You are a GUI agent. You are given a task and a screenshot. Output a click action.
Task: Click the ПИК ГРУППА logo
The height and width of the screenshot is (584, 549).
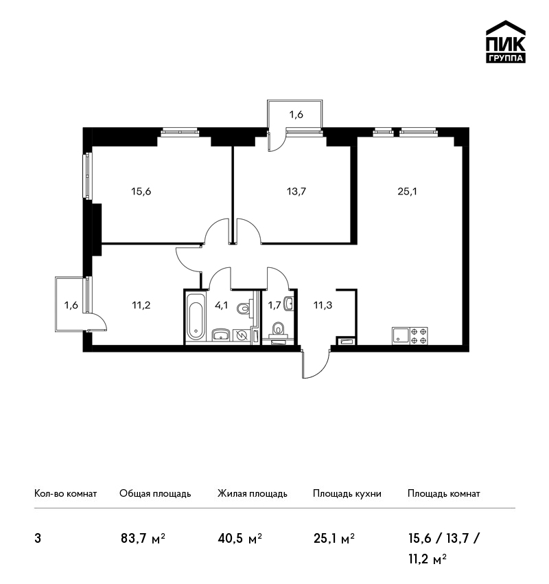506,42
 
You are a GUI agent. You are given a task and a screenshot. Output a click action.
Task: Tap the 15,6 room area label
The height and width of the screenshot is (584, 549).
141,192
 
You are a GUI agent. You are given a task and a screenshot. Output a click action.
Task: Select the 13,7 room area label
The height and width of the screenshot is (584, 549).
296,192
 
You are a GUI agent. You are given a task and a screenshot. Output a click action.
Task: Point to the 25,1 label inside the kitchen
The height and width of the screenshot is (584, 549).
407,192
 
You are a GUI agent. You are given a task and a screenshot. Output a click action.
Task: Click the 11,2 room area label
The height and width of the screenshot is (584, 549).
141,306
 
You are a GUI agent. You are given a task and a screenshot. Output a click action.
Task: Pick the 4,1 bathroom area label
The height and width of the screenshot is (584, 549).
221,306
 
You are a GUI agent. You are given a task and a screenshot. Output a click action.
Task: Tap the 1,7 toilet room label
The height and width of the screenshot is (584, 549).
274,306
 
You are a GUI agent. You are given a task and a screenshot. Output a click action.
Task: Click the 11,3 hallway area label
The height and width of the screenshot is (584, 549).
323,306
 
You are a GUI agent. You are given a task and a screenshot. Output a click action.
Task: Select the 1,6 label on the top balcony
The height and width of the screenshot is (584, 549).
296,115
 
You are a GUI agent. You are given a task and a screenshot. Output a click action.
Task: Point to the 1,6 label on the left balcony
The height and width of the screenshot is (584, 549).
71,306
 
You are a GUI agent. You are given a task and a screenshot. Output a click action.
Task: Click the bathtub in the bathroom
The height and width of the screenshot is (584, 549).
196,317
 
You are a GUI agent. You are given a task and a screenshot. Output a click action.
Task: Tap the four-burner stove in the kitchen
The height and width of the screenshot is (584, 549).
419,336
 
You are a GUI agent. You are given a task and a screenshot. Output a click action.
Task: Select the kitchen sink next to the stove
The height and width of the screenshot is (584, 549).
401,336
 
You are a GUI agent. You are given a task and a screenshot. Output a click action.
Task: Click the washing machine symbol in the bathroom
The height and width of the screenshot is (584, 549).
242,335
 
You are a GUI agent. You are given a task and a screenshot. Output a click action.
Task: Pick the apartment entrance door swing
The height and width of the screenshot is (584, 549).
316,364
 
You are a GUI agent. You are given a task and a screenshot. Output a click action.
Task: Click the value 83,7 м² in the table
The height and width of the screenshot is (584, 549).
143,539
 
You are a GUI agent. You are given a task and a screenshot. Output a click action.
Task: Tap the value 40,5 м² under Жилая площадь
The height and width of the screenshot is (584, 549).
240,539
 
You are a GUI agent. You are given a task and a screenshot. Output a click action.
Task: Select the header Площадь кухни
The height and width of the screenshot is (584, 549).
347,494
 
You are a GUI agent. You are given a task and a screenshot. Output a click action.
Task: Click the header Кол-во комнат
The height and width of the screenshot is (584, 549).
65,494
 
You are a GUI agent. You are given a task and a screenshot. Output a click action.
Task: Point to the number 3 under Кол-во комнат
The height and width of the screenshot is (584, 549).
38,539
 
